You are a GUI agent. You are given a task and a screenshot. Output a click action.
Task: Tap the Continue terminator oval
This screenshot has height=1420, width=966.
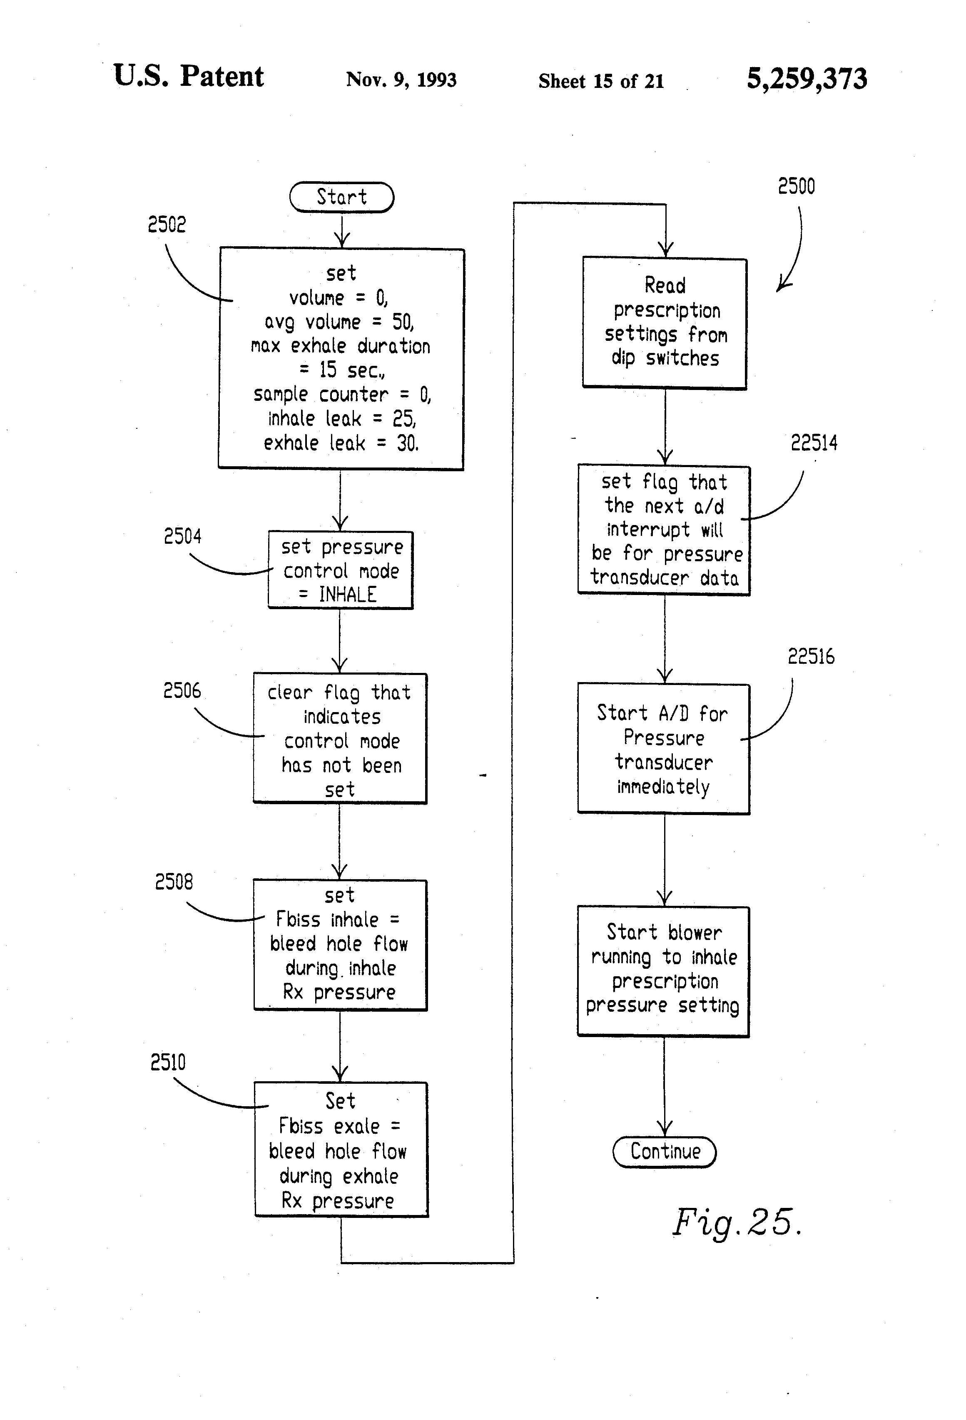tap(665, 1151)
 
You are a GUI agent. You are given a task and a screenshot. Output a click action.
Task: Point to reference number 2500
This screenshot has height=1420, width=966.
tap(796, 186)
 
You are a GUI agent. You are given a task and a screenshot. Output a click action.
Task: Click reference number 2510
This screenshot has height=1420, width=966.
tap(168, 1062)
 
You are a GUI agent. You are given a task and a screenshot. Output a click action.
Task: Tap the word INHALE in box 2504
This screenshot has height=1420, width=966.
tap(347, 594)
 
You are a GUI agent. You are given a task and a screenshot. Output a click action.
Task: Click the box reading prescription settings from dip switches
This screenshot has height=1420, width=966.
tap(665, 322)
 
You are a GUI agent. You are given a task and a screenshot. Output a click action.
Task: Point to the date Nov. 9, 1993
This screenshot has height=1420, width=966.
tap(401, 80)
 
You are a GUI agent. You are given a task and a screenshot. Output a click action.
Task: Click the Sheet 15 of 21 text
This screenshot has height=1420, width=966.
tap(601, 81)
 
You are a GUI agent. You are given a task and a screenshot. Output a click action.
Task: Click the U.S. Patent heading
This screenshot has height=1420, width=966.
tap(188, 76)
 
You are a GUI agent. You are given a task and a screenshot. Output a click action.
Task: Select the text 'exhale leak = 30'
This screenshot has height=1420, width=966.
tap(341, 443)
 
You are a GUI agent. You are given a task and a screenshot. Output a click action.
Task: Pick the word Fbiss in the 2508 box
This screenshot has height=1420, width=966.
tap(298, 920)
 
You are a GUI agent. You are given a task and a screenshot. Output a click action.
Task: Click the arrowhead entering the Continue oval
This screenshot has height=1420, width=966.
tap(665, 1129)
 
